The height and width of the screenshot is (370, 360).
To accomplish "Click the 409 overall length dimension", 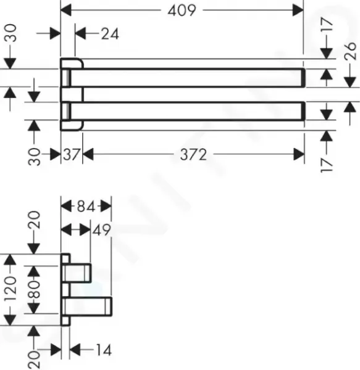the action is point(182,10).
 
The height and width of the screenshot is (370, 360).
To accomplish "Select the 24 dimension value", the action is point(110,34).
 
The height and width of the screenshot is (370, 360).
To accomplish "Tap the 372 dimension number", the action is point(193,155).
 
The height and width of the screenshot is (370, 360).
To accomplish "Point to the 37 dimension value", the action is point(72,155).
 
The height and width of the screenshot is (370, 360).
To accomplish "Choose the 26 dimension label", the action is point(350,51).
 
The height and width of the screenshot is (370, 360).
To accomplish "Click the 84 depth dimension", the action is point(86,207).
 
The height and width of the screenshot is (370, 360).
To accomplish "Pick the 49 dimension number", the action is point(101,230).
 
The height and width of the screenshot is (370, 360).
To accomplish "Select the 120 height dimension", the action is point(10,289).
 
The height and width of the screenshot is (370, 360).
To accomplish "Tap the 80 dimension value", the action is point(34,289).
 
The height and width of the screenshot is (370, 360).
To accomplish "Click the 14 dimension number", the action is point(104,350).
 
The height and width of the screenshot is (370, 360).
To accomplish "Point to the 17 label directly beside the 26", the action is point(327,24).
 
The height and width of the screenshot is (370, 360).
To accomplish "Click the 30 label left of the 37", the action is point(34,157).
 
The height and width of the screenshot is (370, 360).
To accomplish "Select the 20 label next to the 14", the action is point(34,360).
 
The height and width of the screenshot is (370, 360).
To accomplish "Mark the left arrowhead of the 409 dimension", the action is point(66,10).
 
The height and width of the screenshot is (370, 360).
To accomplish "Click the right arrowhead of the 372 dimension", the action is point(299,155).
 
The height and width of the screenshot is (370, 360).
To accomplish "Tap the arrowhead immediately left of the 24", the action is point(80,34).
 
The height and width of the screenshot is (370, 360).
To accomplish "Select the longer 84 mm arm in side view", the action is point(87,306).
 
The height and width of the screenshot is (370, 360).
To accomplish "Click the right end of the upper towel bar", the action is point(304,78).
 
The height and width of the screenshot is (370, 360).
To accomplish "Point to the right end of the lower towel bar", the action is point(304,111).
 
